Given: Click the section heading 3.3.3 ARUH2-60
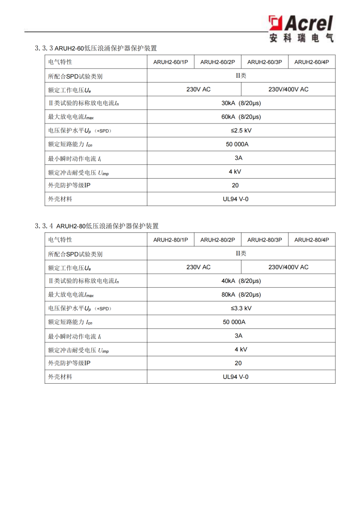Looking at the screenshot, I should [96, 48].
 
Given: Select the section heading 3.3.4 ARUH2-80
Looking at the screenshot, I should [96, 226].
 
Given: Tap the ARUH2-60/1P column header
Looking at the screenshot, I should [170, 62].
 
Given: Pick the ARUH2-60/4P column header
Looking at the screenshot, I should [312, 62].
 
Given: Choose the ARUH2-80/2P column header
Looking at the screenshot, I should [217, 240].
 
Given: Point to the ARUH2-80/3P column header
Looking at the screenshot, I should [264, 240].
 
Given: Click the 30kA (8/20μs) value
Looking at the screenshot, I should [241, 103].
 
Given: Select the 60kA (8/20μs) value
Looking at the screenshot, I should [241, 117].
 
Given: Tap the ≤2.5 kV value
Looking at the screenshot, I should [241, 131].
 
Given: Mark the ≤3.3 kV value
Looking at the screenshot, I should [241, 308].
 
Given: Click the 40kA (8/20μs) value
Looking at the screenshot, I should [241, 281].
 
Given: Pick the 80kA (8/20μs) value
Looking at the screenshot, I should [241, 295].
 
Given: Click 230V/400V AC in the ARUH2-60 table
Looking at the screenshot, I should [288, 89].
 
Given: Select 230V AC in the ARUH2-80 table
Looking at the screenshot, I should [198, 267].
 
